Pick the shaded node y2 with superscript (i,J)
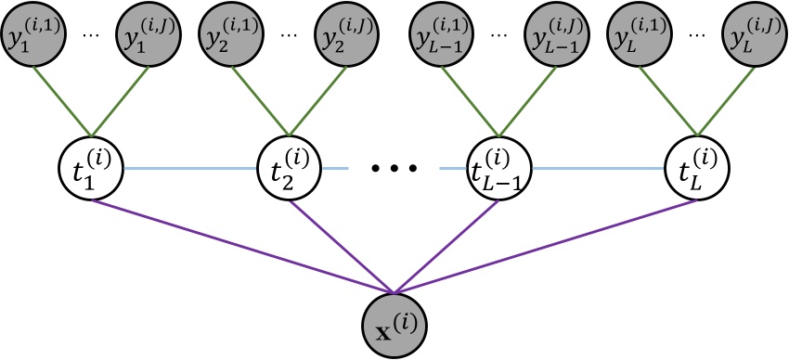[344, 33]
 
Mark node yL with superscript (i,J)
[750, 33]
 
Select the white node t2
[290, 168]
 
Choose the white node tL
[697, 168]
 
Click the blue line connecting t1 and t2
[190, 168]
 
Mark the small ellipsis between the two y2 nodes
[290, 34]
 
